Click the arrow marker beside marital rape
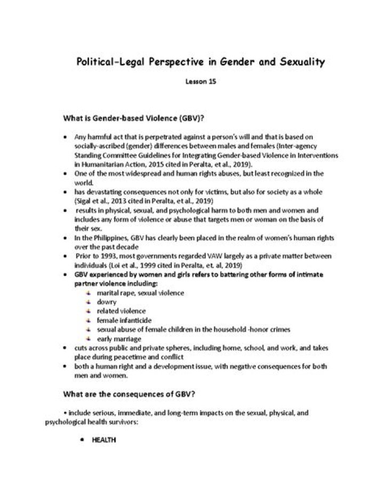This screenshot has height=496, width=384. pyautogui.click(x=89, y=292)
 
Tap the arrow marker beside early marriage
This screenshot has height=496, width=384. pyautogui.click(x=89, y=339)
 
